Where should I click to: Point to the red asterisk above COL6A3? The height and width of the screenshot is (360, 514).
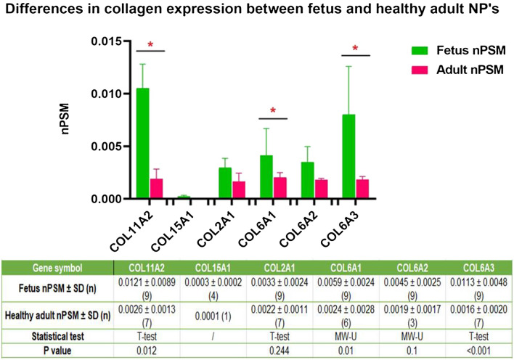[x=355, y=49]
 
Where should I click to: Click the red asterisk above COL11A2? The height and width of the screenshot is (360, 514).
[x=150, y=46]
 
